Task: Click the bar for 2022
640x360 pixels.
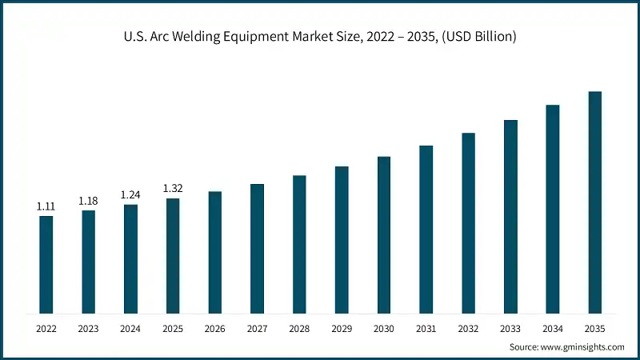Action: (46, 264)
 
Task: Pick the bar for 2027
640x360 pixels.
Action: (257, 248)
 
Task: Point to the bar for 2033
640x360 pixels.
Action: (510, 216)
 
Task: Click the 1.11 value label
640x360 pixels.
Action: (46, 206)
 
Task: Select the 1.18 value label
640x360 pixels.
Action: (88, 201)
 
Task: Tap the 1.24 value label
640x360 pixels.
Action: (130, 194)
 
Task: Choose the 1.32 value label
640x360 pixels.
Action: (173, 188)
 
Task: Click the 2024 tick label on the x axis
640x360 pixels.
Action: (130, 328)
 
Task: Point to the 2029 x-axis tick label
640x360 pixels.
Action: (342, 328)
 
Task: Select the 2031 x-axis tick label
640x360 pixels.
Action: (426, 328)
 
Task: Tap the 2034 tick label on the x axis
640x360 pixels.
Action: (553, 328)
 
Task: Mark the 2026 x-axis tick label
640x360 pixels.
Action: (215, 328)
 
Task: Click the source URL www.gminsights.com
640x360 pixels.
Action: (584, 347)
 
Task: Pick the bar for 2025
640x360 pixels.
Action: (173, 255)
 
